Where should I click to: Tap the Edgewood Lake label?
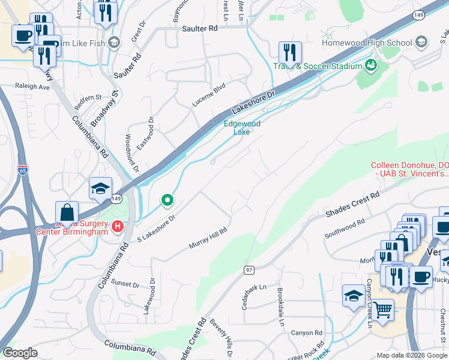242,128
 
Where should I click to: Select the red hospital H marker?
118,227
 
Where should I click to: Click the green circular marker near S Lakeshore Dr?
167,200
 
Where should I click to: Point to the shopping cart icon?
383,311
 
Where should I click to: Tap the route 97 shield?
249,270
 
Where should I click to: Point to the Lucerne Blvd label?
208,94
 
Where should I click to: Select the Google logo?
20,353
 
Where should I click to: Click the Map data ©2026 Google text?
412,355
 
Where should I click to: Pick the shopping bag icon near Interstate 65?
67,213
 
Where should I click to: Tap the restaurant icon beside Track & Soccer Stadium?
290,53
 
